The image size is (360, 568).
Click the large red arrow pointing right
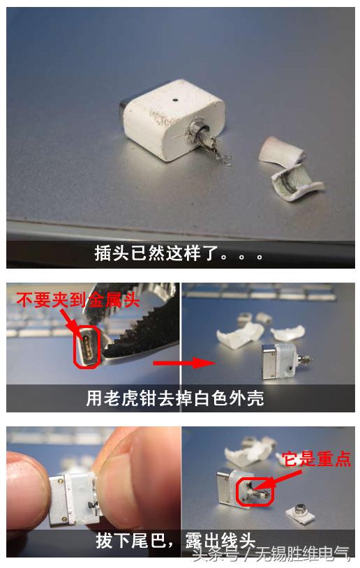pyautogui.click(x=183, y=363)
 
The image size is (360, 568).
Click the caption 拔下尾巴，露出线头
pyautogui.click(x=175, y=541)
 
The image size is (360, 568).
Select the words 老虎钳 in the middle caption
pyautogui.click(x=129, y=398)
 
